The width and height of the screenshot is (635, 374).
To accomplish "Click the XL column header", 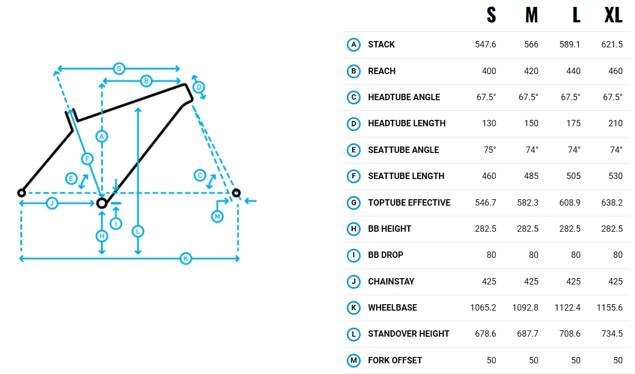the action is (x=613, y=15).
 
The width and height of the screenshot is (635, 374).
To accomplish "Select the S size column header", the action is (x=491, y=15).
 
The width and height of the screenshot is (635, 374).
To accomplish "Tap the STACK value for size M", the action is (x=531, y=45).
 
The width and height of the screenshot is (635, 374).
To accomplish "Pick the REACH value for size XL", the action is (x=615, y=71).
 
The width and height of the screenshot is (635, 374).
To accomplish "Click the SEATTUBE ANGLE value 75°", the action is (x=490, y=150).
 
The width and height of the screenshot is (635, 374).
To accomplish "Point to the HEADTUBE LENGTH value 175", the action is (x=573, y=124).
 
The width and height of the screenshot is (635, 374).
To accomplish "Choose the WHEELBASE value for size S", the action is (x=483, y=308).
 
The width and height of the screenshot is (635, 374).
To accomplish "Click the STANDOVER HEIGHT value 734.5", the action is (x=612, y=334).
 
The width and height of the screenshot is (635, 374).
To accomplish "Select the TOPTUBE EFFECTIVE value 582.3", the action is (x=528, y=202).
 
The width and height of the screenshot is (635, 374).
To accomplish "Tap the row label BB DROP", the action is (x=386, y=255).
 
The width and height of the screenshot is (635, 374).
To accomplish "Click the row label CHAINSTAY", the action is (x=391, y=282).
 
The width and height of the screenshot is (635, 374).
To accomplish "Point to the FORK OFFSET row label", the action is (x=395, y=361).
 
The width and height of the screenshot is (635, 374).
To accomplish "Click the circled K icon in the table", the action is (x=354, y=308).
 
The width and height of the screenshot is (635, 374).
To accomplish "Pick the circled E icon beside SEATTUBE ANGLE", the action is (x=354, y=150).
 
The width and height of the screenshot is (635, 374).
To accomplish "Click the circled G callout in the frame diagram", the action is (x=119, y=69).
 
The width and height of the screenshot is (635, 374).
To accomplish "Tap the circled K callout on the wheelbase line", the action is (x=186, y=258).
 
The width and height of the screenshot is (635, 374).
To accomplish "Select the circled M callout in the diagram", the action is (x=217, y=216).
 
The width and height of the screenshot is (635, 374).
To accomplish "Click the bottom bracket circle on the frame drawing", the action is (x=102, y=203).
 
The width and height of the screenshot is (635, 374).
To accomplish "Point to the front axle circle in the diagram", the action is (x=236, y=193).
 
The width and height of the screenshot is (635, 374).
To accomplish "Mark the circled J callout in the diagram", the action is (x=52, y=203).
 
